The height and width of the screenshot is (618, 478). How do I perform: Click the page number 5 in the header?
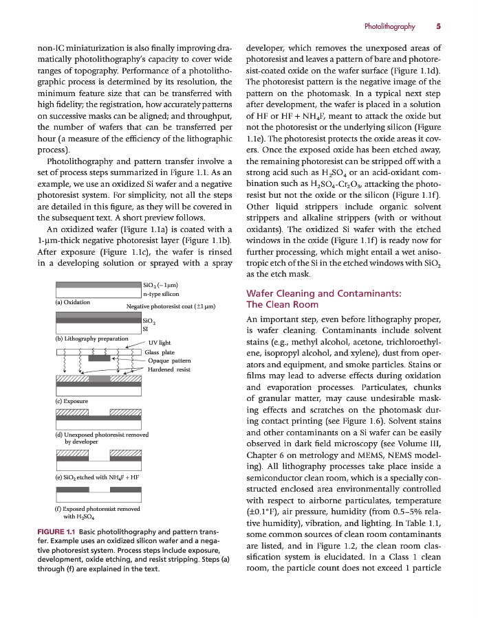click(438, 27)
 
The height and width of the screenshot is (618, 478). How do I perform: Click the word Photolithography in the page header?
click(389, 27)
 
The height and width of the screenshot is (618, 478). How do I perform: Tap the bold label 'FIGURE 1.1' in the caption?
click(56, 532)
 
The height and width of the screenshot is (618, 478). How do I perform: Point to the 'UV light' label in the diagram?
click(160, 342)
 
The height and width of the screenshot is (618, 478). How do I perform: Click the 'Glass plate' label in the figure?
click(160, 352)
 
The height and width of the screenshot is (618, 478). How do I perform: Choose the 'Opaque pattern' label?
click(169, 360)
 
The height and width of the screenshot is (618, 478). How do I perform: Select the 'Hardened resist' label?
click(169, 369)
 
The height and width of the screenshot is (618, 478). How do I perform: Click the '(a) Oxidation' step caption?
click(72, 301)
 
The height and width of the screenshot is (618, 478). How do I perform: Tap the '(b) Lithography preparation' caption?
click(91, 338)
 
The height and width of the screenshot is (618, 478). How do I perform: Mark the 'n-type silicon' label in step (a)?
click(161, 293)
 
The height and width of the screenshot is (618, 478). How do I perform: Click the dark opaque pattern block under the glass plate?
click(99, 358)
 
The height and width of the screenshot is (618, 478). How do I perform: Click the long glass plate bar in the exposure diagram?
click(98, 352)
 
